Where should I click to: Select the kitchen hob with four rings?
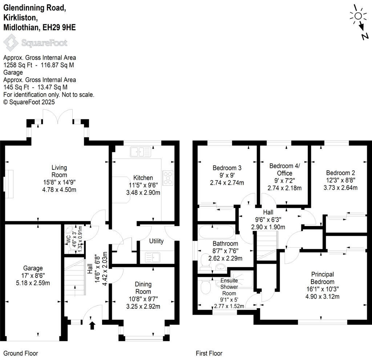pos(169,178)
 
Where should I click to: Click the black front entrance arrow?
pos(92,325)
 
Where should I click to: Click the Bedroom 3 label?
pos(227,168)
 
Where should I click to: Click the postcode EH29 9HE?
pos(59,27)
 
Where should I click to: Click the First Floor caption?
pos(209,353)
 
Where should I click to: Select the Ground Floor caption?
pos(21,353)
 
